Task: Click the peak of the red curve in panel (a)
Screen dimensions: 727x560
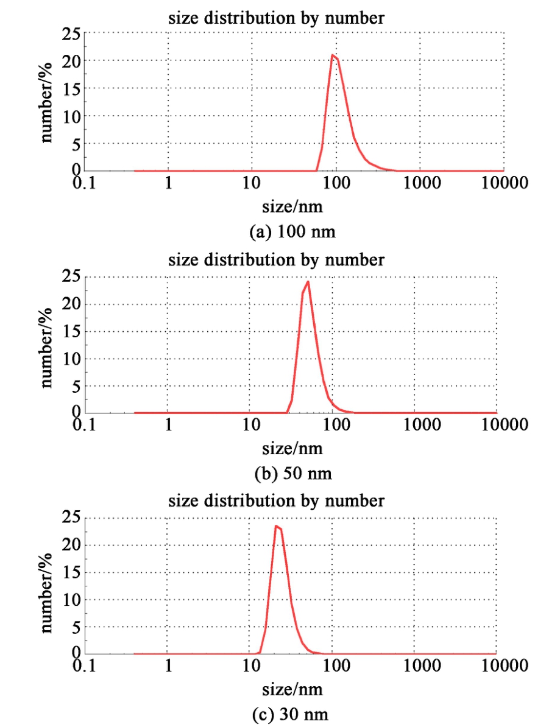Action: click(332, 55)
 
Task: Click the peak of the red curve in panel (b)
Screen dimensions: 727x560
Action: click(308, 281)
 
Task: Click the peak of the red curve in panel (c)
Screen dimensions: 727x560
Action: click(276, 525)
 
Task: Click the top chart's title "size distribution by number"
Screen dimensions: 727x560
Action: click(276, 18)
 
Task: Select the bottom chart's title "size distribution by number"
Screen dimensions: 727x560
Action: click(276, 500)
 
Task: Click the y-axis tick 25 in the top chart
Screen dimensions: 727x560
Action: click(72, 34)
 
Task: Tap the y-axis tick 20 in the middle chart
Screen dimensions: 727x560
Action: click(72, 304)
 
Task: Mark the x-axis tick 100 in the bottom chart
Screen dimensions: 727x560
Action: click(333, 666)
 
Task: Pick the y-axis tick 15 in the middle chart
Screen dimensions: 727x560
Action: click(72, 332)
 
